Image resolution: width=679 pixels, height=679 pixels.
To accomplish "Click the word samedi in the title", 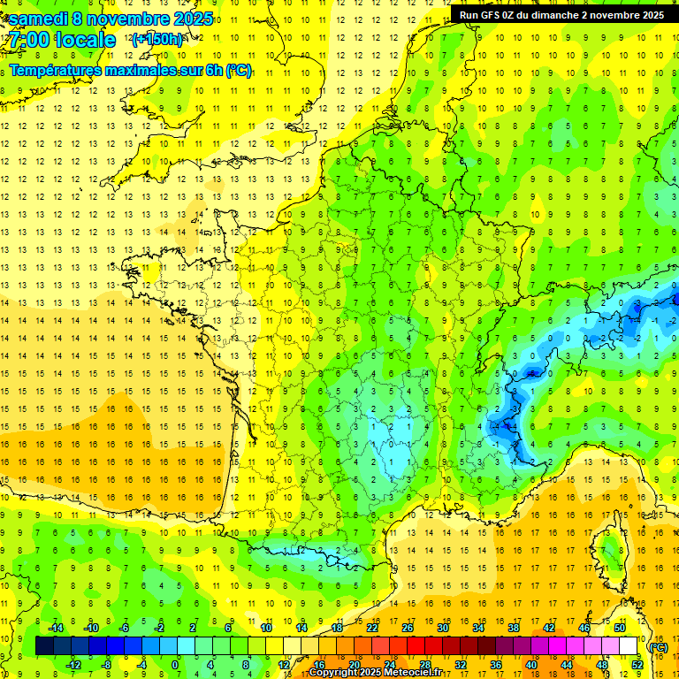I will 38,19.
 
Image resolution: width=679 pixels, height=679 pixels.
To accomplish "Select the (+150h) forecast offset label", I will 156,40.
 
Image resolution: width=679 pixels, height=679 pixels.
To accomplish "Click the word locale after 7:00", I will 84,40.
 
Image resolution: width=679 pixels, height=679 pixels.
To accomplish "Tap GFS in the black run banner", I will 497,15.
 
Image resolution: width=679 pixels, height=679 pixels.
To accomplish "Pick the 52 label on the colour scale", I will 637,665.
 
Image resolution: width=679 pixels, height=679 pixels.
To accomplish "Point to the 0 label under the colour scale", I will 175,665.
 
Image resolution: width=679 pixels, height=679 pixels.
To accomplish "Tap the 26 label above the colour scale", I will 408,628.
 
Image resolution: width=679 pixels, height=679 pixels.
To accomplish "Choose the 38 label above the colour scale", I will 514,628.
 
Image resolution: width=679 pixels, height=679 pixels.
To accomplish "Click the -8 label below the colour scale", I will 108,665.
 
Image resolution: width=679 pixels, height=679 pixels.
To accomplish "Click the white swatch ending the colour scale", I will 629,646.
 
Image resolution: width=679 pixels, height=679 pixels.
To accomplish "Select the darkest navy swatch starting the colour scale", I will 44,646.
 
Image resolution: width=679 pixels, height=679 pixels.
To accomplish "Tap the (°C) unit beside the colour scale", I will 658,647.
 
